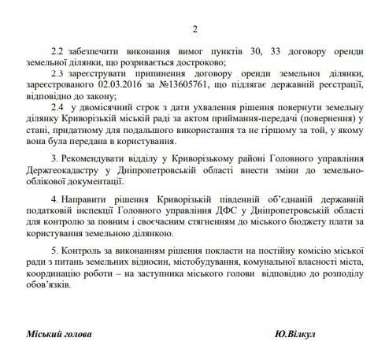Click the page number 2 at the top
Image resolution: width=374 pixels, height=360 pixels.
coord(187,29)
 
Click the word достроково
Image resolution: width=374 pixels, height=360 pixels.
coord(200,62)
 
